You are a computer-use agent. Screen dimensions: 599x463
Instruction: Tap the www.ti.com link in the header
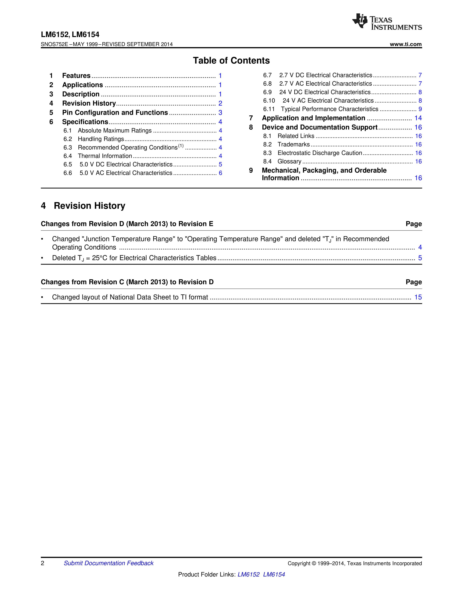pos(406,44)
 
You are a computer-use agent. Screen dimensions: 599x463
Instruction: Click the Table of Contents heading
pos(231,60)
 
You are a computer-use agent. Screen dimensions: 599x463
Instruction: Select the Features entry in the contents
pos(76,76)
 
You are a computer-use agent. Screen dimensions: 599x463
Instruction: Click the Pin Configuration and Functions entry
pos(115,113)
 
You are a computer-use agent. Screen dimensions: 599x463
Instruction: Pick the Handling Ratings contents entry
pos(101,139)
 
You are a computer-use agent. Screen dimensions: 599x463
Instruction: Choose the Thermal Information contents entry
pos(105,156)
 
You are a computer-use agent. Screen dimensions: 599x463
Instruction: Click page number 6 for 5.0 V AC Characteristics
pos(220,173)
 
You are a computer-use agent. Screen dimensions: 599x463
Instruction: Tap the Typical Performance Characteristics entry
pos(329,109)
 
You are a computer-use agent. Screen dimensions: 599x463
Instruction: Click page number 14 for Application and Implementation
pos(418,118)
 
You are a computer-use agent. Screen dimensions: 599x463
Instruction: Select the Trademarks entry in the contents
pos(293,144)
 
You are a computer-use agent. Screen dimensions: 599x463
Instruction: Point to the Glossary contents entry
pos(289,162)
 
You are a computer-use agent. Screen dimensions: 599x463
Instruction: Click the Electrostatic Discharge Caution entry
pos(320,153)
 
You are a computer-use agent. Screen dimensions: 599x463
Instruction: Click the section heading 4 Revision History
pos(83,206)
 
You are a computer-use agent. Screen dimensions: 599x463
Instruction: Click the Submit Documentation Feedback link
pos(109,563)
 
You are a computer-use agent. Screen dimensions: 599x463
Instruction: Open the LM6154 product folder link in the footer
pos(274,574)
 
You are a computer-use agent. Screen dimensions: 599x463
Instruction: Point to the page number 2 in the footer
pos(42,563)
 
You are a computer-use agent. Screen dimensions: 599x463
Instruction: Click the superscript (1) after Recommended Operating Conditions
pos(181,146)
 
